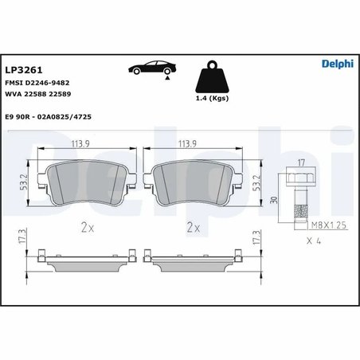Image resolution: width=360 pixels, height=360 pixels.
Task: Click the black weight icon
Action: [211, 76]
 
